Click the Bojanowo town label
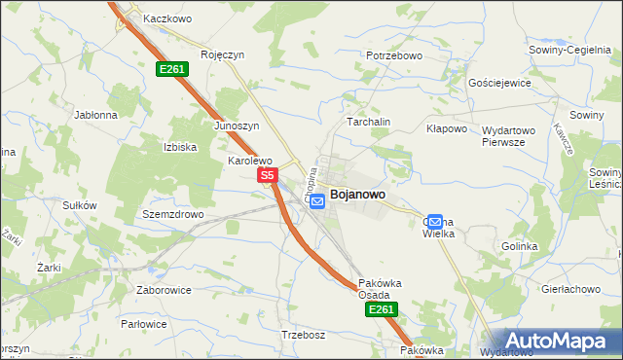[357, 195]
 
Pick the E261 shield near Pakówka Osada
[382, 309]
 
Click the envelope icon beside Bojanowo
[317, 199]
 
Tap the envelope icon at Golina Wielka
[435, 222]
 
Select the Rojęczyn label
[221, 55]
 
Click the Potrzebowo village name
[394, 55]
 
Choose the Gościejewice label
[499, 84]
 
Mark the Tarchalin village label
[369, 123]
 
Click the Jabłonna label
[95, 114]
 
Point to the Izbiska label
[180, 147]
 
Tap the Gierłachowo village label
[569, 289]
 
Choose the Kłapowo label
[448, 128]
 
